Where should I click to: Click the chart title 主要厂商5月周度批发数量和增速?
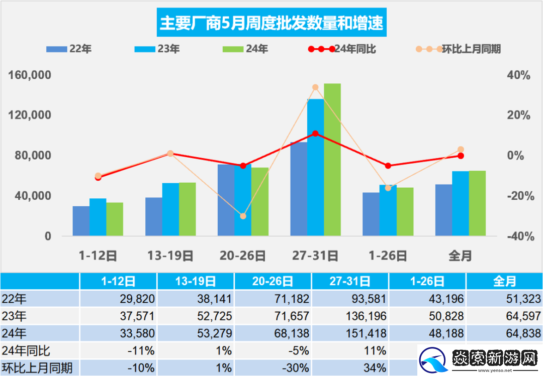point(271,23)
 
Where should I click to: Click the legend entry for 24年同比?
point(342,49)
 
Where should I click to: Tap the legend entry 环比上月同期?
point(458,49)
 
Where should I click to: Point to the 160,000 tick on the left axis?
point(31,75)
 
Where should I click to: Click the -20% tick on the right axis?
point(518,196)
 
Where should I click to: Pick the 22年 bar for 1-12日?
point(81,221)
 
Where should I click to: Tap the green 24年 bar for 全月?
point(477,203)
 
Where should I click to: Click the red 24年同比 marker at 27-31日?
point(315,134)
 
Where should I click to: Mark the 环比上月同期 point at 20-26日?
point(243,216)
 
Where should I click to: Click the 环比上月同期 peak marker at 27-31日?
point(315,87)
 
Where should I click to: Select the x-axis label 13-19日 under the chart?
point(170,256)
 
